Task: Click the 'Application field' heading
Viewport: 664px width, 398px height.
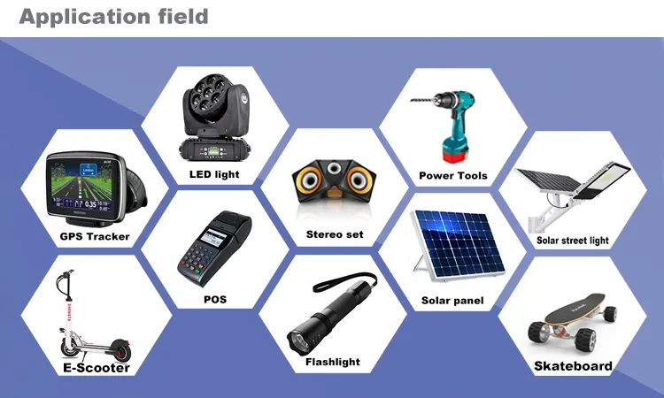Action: click(114, 16)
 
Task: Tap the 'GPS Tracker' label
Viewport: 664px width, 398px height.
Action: click(95, 236)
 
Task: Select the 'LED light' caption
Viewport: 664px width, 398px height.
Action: click(214, 174)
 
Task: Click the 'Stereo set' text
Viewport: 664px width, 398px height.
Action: click(335, 234)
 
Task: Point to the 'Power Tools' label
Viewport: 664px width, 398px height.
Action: click(453, 175)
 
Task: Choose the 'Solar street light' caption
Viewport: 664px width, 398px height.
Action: click(573, 241)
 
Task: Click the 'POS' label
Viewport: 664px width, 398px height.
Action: click(214, 299)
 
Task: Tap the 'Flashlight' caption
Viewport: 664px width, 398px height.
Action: click(333, 362)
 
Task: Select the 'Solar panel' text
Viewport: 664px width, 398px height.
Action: click(452, 301)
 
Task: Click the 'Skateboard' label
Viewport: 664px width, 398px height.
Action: click(573, 365)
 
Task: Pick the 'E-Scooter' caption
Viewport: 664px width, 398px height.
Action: click(96, 367)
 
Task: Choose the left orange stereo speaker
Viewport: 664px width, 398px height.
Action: click(312, 180)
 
